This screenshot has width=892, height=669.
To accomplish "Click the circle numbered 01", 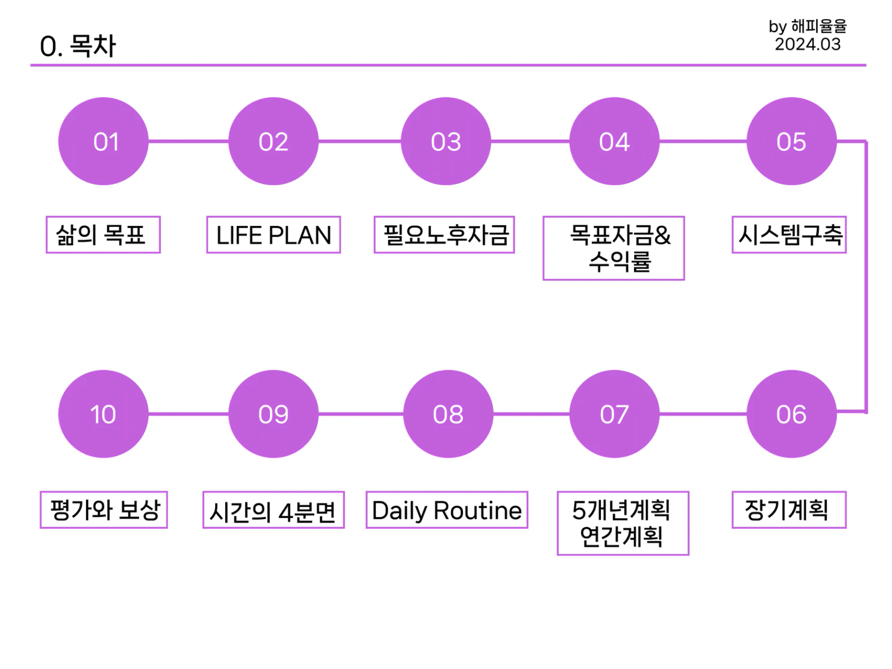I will pyautogui.click(x=104, y=141).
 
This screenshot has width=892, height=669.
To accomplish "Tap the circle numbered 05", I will pyautogui.click(x=791, y=141).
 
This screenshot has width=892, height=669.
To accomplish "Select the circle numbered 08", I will pyautogui.click(x=448, y=414).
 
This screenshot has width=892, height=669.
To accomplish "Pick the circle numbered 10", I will pyautogui.click(x=104, y=414).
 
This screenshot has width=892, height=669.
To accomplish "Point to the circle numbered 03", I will pyautogui.click(x=445, y=141).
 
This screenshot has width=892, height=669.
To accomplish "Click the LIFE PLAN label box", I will pyautogui.click(x=274, y=235).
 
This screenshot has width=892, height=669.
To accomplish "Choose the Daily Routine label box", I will pyautogui.click(x=447, y=510).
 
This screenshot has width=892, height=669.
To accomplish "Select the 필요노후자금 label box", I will pyautogui.click(x=444, y=235).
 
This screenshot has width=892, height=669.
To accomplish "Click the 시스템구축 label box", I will pyautogui.click(x=789, y=235).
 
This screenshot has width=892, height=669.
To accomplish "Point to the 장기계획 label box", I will pyautogui.click(x=789, y=510).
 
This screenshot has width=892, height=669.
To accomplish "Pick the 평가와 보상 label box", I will pyautogui.click(x=104, y=510).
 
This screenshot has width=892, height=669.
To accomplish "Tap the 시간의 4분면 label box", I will pyautogui.click(x=273, y=511).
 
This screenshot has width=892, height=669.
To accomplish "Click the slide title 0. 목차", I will pyautogui.click(x=78, y=46).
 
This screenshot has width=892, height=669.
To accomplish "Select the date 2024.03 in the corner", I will pyautogui.click(x=808, y=44).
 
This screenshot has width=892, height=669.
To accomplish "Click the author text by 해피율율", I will pyautogui.click(x=808, y=26).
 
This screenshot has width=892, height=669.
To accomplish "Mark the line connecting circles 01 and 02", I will pyautogui.click(x=189, y=141).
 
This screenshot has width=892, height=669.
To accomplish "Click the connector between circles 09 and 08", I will pyautogui.click(x=361, y=414).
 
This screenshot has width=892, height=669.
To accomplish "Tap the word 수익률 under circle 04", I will pyautogui.click(x=620, y=262).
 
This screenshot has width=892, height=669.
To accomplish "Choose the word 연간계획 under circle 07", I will pyautogui.click(x=621, y=537).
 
